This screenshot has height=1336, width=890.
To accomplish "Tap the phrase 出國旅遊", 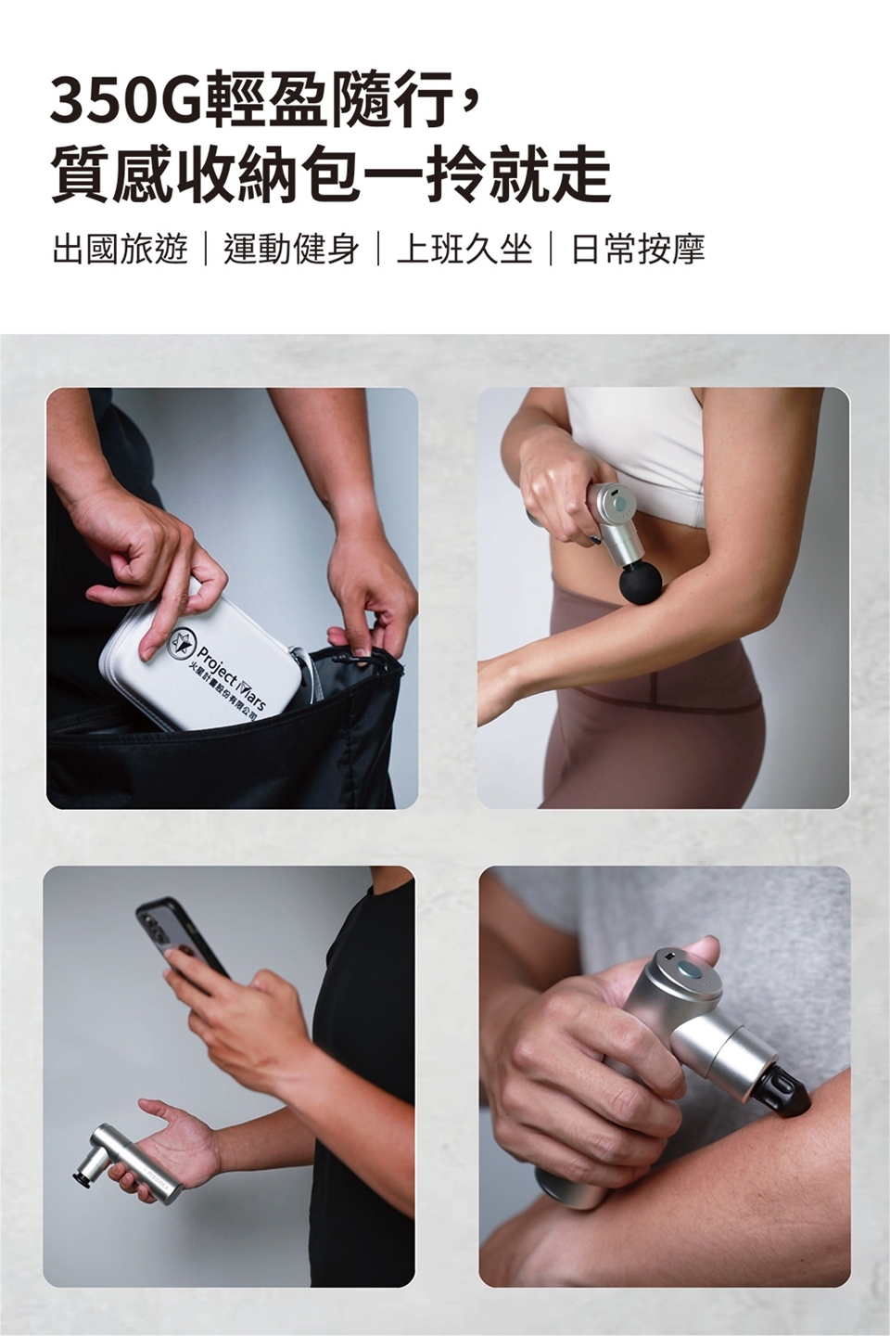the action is click(x=120, y=250).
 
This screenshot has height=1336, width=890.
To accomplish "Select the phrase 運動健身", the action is click(x=292, y=250).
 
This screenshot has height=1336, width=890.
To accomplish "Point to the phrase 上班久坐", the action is click(x=464, y=250).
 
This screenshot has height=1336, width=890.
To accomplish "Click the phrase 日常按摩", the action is click(x=638, y=250).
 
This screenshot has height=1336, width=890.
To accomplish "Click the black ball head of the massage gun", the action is click(x=641, y=584).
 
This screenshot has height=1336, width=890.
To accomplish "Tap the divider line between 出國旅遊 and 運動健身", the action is click(x=206, y=250).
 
